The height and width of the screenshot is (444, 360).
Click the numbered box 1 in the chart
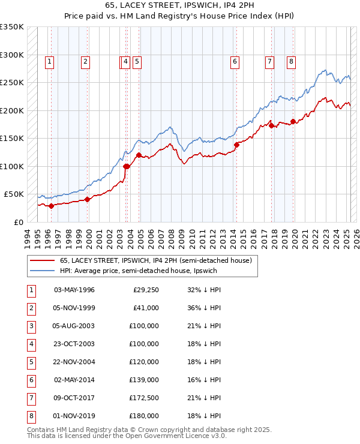[x=49, y=61]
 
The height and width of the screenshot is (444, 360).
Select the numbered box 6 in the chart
[x=235, y=61]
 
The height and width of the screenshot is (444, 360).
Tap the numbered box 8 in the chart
[x=291, y=61]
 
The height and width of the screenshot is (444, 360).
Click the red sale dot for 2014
[x=236, y=145]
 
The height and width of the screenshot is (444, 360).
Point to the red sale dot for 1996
[x=51, y=206]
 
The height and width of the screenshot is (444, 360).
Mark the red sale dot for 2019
[x=293, y=122]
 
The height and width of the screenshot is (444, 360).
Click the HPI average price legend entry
[x=142, y=271]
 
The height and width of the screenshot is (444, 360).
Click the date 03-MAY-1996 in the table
[x=74, y=290]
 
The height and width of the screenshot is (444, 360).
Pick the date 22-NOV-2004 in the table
[x=74, y=361]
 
